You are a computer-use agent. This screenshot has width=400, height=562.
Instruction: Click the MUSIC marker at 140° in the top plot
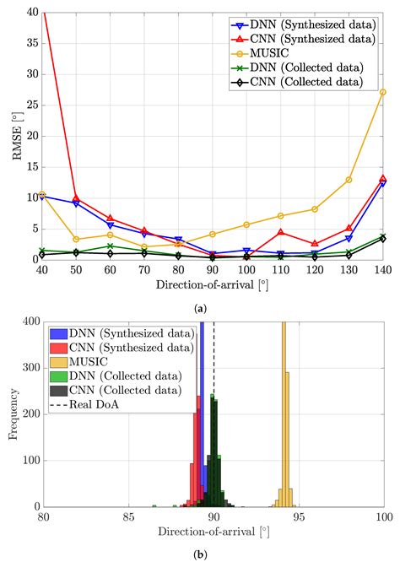(383, 92)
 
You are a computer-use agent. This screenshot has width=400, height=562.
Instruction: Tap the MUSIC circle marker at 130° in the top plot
(349, 180)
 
